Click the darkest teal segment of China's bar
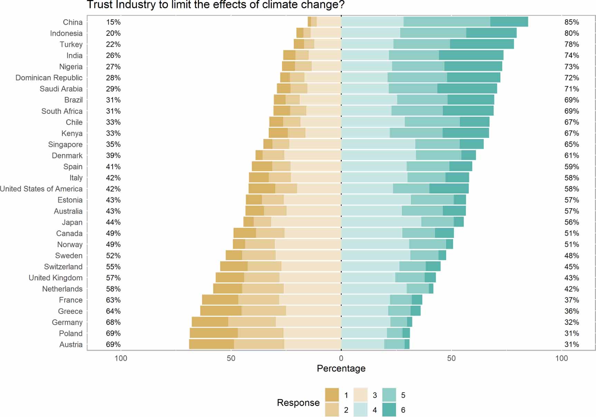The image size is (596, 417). tap(509, 22)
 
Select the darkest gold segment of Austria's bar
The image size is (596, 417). tap(211, 344)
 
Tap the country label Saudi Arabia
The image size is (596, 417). tap(61, 89)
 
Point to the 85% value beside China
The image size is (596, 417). tap(571, 22)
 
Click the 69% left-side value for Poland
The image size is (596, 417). tap(113, 333)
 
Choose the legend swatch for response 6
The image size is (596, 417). tap(389, 410)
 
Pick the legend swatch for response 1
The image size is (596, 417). tap(332, 395)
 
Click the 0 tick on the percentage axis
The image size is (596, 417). tap(341, 358)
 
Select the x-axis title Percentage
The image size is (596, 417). tap(341, 368)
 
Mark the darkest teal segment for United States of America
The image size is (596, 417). tap(449, 189)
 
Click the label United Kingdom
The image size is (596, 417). tap(55, 278)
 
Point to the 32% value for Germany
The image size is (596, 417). tap(571, 322)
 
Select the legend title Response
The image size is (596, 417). tap(298, 403)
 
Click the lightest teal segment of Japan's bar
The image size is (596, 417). tap(381, 222)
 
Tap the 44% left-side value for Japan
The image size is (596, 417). tap(113, 222)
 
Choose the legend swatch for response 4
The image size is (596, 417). tap(361, 410)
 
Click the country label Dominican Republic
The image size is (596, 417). tap(49, 78)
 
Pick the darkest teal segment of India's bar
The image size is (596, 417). tap(471, 55)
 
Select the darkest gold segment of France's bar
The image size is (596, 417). tap(220, 300)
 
